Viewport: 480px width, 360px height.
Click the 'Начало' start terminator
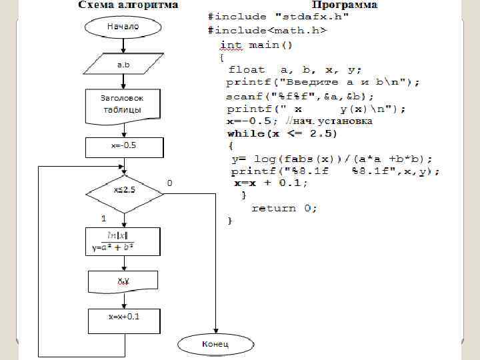[x=123, y=27]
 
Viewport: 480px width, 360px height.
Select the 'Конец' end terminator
[x=215, y=344]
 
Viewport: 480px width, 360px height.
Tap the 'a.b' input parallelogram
[x=123, y=65]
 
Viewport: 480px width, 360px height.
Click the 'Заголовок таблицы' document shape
[x=122, y=104]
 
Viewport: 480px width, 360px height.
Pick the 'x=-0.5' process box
[x=123, y=147]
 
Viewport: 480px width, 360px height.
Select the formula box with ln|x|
[x=123, y=241]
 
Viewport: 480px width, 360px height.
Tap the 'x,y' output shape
[x=123, y=282]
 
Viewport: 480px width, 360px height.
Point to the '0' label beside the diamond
[x=169, y=183]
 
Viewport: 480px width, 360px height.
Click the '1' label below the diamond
[x=103, y=219]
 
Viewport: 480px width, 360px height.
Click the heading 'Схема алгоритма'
[x=129, y=5]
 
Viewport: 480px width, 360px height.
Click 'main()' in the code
[x=271, y=45]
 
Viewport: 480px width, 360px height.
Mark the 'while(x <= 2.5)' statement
[x=282, y=133]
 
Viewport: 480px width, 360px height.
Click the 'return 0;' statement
[x=284, y=209]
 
